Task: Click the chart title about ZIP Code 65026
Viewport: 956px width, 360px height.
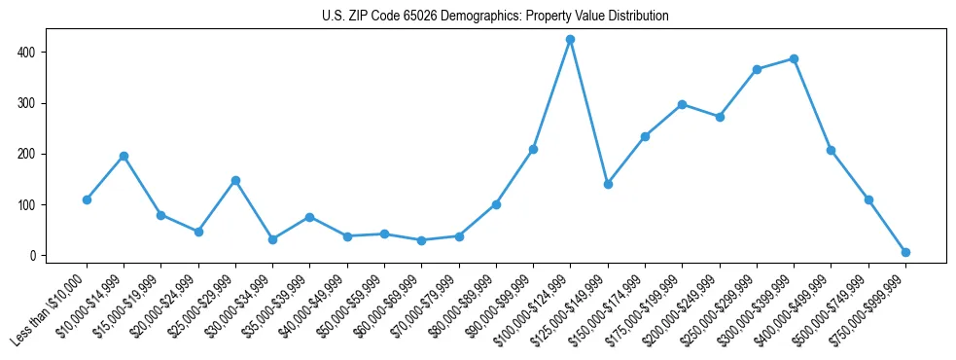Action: click(495, 17)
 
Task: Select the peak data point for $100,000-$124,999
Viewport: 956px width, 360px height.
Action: click(570, 40)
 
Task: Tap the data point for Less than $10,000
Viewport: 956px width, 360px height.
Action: click(87, 199)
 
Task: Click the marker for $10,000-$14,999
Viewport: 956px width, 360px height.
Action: click(124, 156)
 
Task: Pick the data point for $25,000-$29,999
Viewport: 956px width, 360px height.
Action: click(235, 180)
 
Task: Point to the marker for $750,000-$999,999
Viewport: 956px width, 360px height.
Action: click(905, 252)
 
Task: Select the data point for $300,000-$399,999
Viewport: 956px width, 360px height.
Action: click(794, 58)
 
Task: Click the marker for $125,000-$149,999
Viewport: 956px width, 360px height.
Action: click(608, 184)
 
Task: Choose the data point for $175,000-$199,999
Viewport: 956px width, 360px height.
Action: click(682, 104)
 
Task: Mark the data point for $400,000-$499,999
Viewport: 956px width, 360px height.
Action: click(831, 150)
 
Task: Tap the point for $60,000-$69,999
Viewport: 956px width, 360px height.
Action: click(421, 240)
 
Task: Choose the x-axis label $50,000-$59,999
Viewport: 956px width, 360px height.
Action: click(347, 310)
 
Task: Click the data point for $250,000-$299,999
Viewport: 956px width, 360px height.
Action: click(757, 69)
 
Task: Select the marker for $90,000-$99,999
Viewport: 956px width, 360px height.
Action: click(533, 149)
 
